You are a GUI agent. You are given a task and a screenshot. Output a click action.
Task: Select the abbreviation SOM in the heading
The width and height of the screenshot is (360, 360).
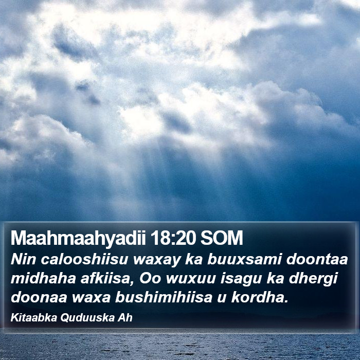(222, 238)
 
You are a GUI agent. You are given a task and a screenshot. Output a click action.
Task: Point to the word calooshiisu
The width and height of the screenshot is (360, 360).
(84, 259)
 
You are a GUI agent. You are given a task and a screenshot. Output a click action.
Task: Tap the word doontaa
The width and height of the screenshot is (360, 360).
(317, 259)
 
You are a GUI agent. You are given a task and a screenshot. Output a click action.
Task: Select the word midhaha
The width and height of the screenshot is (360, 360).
(43, 279)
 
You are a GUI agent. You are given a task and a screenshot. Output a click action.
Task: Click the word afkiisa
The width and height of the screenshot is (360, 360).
(107, 279)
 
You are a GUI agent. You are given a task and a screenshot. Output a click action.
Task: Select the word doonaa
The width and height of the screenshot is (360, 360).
(39, 298)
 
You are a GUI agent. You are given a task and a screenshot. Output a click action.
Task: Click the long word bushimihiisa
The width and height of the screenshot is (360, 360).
(164, 298)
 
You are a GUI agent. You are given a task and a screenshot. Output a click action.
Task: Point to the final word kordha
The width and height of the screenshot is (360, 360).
(260, 298)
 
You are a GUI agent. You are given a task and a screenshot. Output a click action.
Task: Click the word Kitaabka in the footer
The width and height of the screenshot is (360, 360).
(34, 318)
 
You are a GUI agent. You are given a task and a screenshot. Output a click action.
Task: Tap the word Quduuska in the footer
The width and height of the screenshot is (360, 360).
(87, 318)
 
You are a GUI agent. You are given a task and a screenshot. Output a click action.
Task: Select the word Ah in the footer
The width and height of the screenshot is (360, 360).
(125, 318)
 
